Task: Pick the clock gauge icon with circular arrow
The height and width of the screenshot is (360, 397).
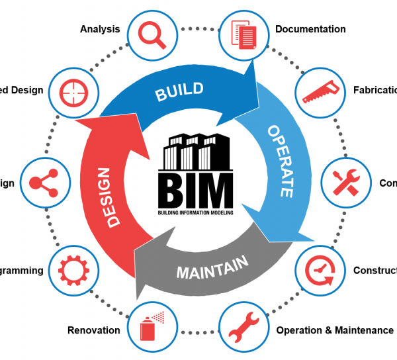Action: coord(321,270)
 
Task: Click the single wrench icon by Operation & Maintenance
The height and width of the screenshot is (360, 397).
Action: coord(244,329)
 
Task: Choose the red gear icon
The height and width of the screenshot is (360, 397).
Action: coord(71,270)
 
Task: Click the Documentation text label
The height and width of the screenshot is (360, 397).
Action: coord(310,29)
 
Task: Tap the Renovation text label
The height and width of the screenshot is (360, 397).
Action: coord(94,330)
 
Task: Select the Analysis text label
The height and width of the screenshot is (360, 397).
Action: coord(100,29)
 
